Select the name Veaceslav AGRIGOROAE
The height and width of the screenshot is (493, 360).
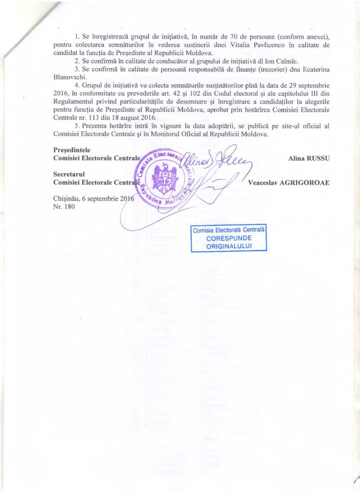pyautogui.click(x=288, y=182)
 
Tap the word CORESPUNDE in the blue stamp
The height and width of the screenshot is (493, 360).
pyautogui.click(x=229, y=238)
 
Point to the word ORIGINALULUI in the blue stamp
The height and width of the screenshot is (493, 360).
pyautogui.click(x=229, y=246)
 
